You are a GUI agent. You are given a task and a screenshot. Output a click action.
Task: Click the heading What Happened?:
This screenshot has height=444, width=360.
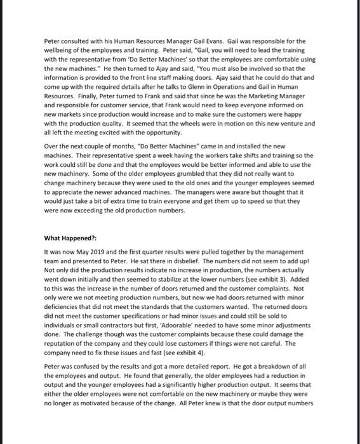tap(70, 238)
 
